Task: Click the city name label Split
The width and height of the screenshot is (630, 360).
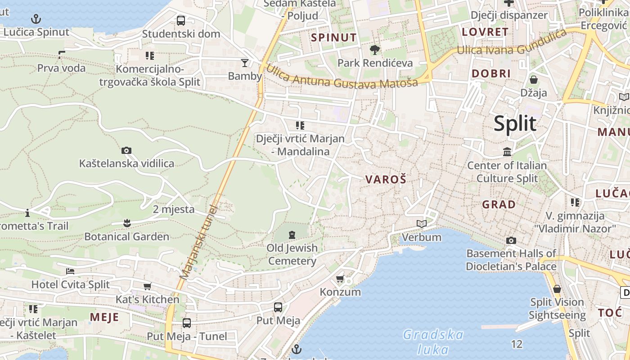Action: click(515, 123)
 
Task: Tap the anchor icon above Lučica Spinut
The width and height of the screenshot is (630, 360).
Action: click(36, 19)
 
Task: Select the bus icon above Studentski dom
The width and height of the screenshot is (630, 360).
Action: click(181, 20)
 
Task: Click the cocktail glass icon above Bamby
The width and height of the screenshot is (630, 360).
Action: click(244, 63)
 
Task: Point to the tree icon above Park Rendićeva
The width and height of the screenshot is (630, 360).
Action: click(374, 49)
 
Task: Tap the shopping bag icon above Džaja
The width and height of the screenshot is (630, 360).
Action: click(534, 80)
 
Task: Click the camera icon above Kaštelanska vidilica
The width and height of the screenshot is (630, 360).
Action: click(126, 150)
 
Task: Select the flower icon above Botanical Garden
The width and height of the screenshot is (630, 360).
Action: click(127, 223)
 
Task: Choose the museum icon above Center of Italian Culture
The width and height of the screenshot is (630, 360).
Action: click(507, 152)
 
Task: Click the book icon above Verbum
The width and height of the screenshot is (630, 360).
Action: click(422, 224)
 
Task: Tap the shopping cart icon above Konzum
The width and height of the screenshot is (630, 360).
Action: click(340, 279)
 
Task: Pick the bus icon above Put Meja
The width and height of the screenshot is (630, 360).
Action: click(278, 307)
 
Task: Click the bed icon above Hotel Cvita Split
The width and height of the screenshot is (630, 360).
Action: click(70, 271)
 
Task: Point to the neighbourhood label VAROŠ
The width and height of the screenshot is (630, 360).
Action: click(386, 180)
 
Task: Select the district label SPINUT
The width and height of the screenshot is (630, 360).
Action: click(334, 37)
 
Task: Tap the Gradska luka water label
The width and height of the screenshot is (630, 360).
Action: click(433, 342)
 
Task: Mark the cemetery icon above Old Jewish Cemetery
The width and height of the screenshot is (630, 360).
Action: click(292, 234)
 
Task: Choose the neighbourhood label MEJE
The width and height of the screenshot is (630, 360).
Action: click(104, 317)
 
